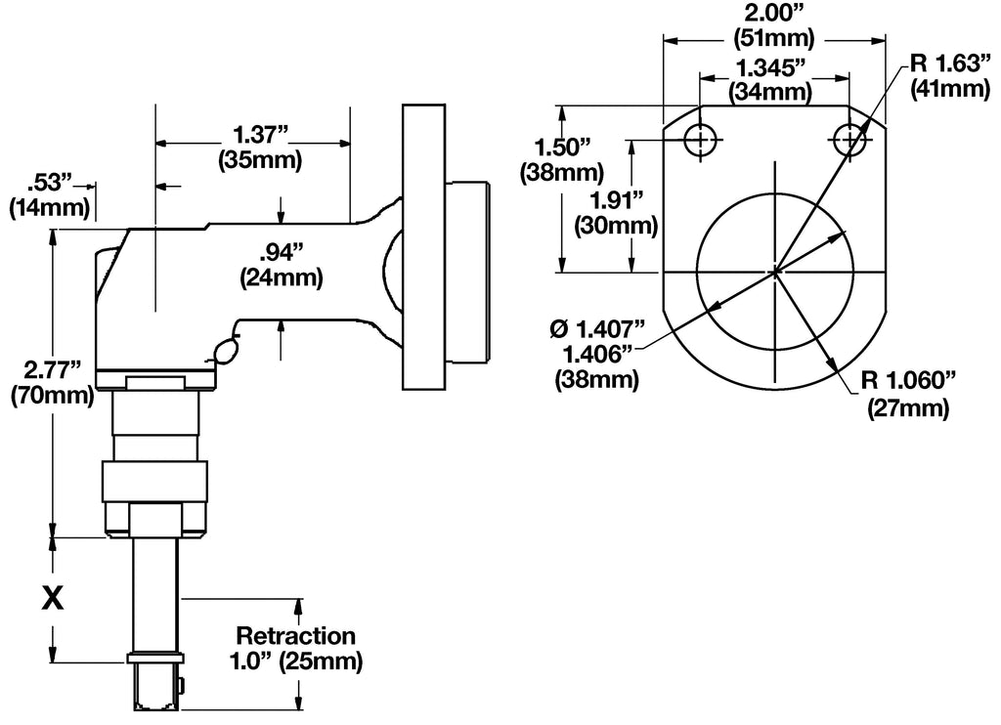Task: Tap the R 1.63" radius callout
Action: click(x=944, y=64)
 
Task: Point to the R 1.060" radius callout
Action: click(x=907, y=382)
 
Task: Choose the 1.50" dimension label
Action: click(x=564, y=148)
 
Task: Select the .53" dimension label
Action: click(x=51, y=182)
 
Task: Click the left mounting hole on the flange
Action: click(x=699, y=140)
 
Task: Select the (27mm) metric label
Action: click(x=908, y=408)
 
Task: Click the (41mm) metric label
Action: click(x=946, y=89)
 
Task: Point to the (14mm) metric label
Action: click(x=49, y=207)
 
